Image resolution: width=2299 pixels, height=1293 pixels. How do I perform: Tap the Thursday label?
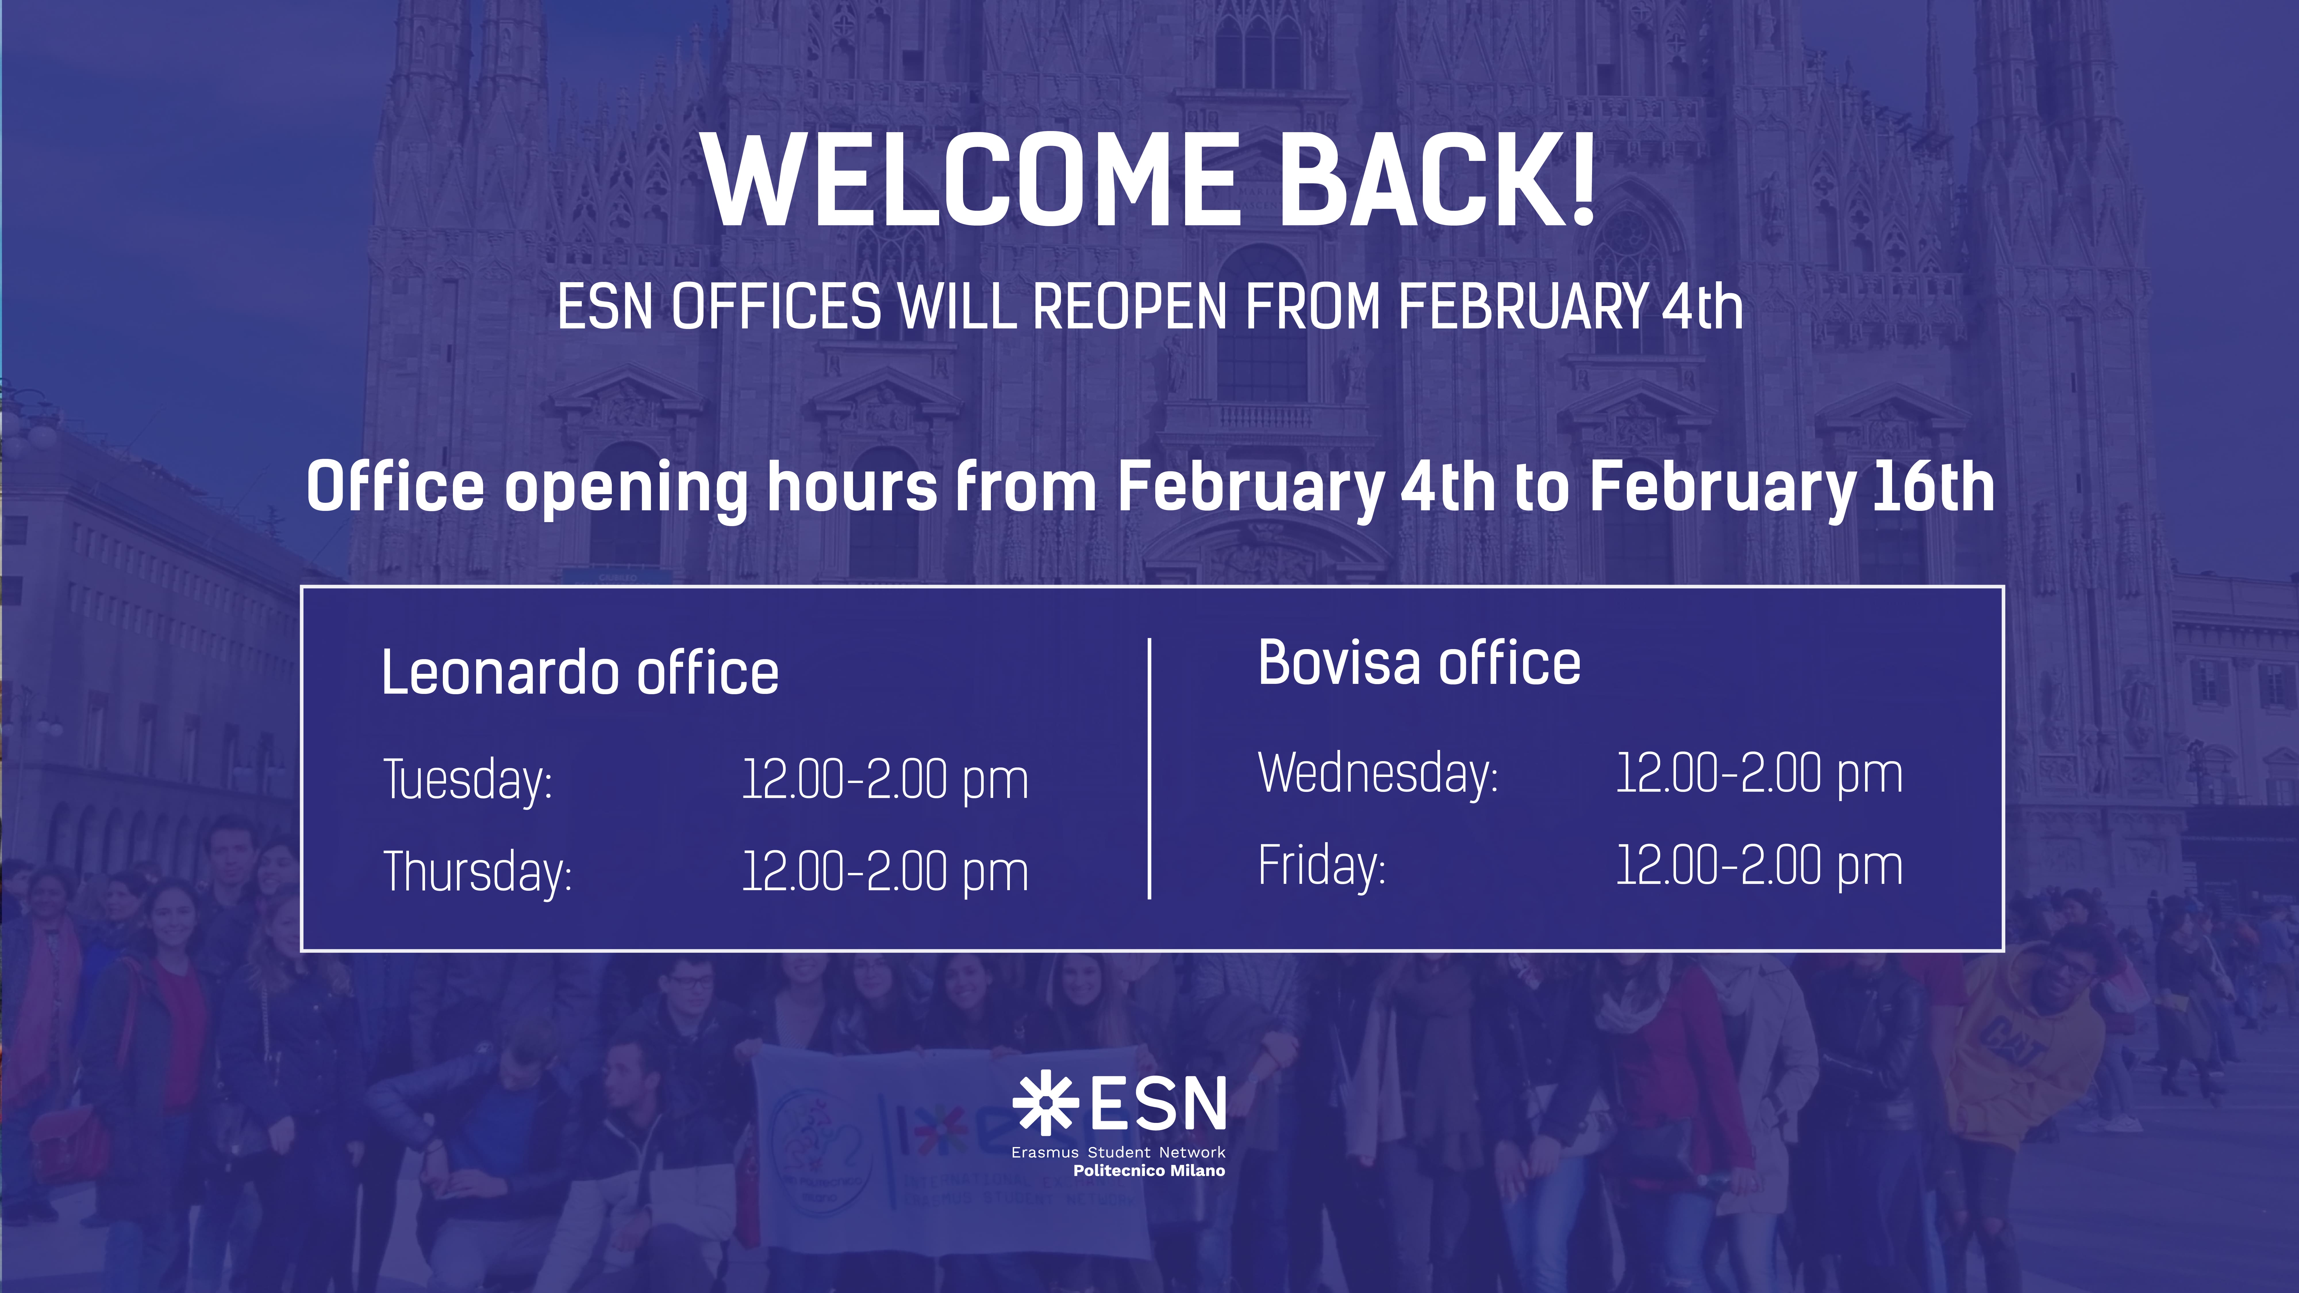pos(477,872)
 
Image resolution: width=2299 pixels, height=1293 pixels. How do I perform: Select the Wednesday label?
pos(1378,773)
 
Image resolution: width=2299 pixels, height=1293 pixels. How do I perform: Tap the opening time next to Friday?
pos(1759,865)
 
